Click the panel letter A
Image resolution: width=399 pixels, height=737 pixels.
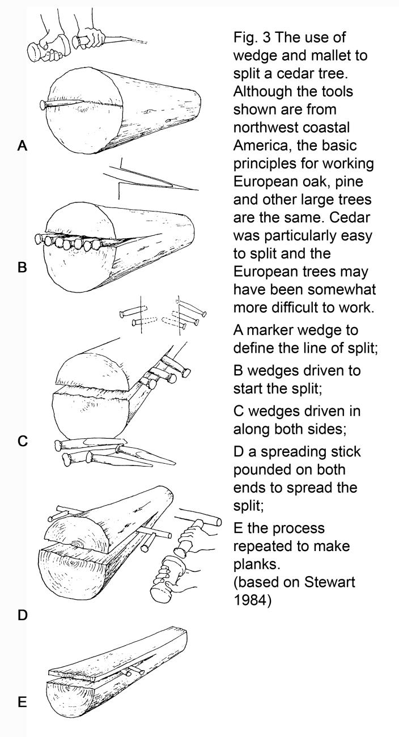click(22, 146)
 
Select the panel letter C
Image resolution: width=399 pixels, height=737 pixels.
click(22, 440)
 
